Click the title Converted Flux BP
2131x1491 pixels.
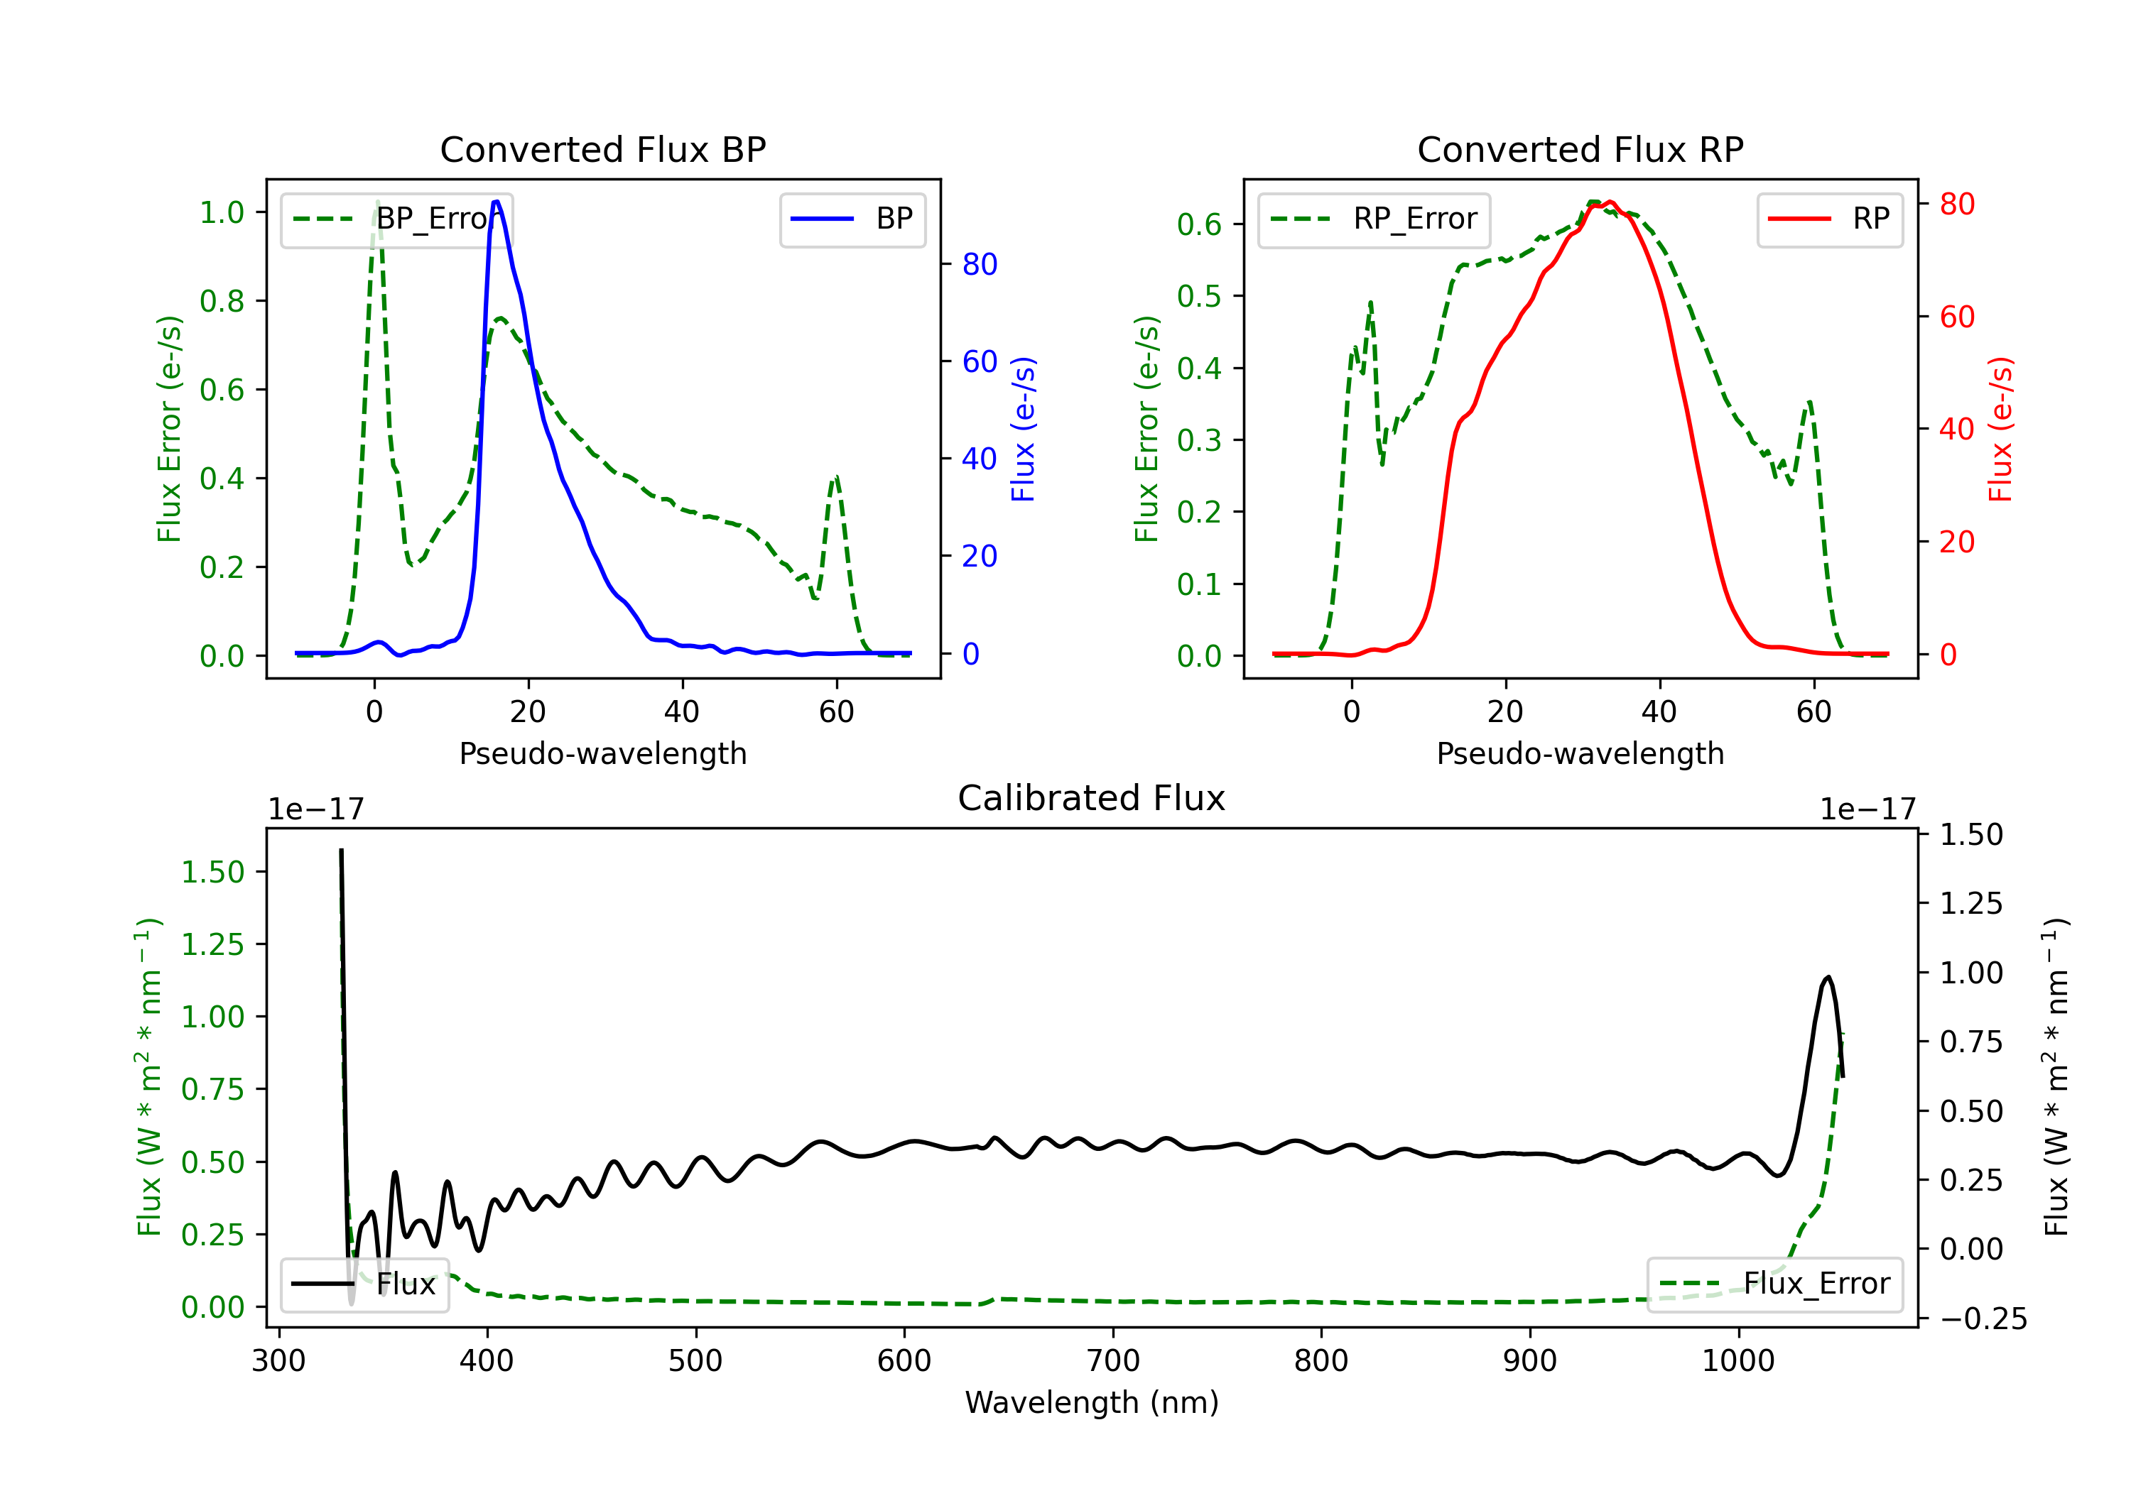[x=602, y=149]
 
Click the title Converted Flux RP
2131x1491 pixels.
[x=1580, y=149]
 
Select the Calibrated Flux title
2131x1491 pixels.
[x=1092, y=798]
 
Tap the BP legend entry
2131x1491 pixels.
[x=852, y=219]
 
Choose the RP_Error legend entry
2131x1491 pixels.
[x=1374, y=219]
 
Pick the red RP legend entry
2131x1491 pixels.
[x=1829, y=219]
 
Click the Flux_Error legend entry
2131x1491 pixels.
[x=1774, y=1284]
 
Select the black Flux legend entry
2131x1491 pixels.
[x=364, y=1284]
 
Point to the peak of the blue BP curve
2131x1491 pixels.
[x=497, y=202]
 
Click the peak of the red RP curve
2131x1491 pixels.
[x=1610, y=202]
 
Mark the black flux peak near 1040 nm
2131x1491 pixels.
[x=1828, y=977]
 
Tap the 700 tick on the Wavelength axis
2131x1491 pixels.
[x=1113, y=1361]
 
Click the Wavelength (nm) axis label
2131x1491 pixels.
[x=1092, y=1402]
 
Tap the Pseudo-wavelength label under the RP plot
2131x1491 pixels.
[x=1580, y=753]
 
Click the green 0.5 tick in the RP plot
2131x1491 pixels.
[x=1199, y=296]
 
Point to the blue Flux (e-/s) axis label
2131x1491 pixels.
[x=1023, y=430]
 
